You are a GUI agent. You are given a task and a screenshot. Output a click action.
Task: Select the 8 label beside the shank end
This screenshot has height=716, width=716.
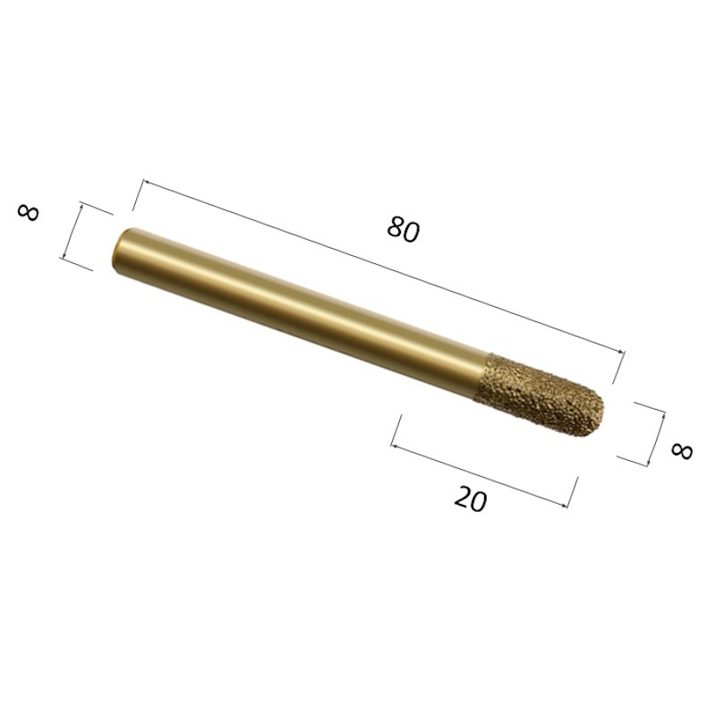point(29,213)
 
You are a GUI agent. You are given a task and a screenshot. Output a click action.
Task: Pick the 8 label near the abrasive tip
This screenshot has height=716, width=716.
point(682,451)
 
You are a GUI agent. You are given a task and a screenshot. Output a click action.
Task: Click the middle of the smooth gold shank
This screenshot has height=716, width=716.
point(302,312)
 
